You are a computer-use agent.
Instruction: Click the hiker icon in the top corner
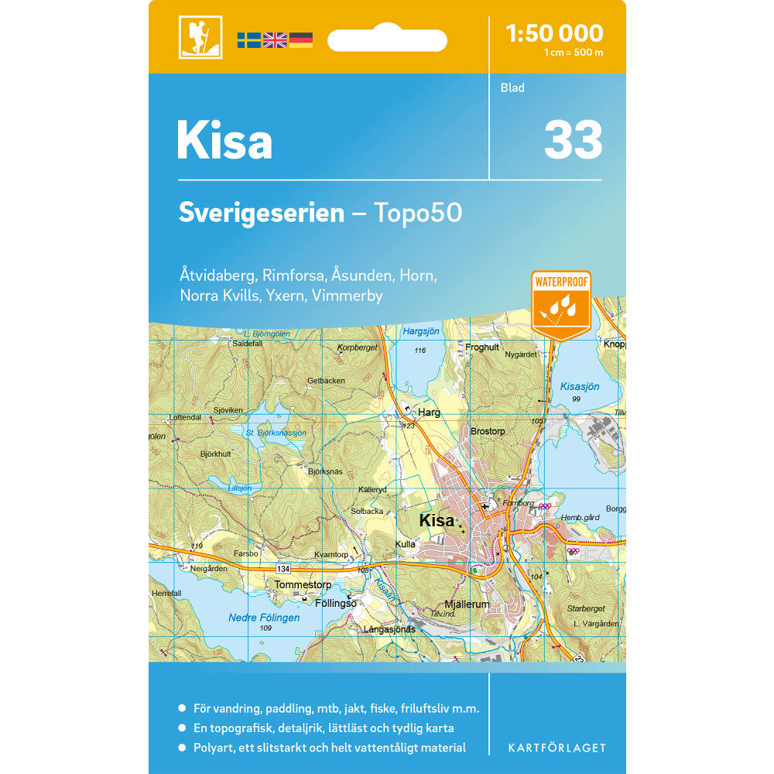(x=200, y=37)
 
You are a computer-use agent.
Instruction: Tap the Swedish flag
(x=248, y=40)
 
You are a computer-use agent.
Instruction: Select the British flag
(x=275, y=40)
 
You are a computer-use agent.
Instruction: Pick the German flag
(x=301, y=40)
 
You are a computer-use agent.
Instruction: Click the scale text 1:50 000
(x=553, y=33)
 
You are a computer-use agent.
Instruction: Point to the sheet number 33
(x=573, y=140)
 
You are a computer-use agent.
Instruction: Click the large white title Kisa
(x=224, y=142)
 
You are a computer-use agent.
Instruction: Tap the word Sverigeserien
(x=262, y=213)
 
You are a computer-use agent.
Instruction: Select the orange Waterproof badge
(x=561, y=303)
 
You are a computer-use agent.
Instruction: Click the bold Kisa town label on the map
(x=437, y=521)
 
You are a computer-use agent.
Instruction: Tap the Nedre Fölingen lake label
(x=264, y=618)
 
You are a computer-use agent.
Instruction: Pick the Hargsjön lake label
(x=421, y=331)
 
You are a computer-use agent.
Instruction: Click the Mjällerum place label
(x=467, y=604)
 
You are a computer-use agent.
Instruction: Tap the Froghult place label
(x=482, y=348)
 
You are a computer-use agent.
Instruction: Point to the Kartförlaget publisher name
(x=557, y=748)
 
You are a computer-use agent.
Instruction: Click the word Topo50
(x=418, y=213)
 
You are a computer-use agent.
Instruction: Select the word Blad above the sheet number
(x=512, y=87)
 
